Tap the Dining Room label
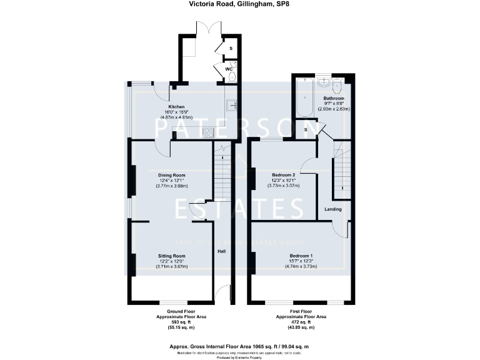[x=171, y=175]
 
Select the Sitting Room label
[x=171, y=256]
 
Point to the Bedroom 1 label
[x=300, y=256]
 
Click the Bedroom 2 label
[x=284, y=175]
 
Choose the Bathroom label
[x=334, y=98]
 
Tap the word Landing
[x=332, y=209]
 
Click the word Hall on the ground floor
[x=221, y=251]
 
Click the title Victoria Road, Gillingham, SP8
[x=240, y=4]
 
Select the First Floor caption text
[x=300, y=311]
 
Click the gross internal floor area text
[x=240, y=346]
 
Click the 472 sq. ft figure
[x=300, y=322]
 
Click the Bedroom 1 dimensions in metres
[x=300, y=266]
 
